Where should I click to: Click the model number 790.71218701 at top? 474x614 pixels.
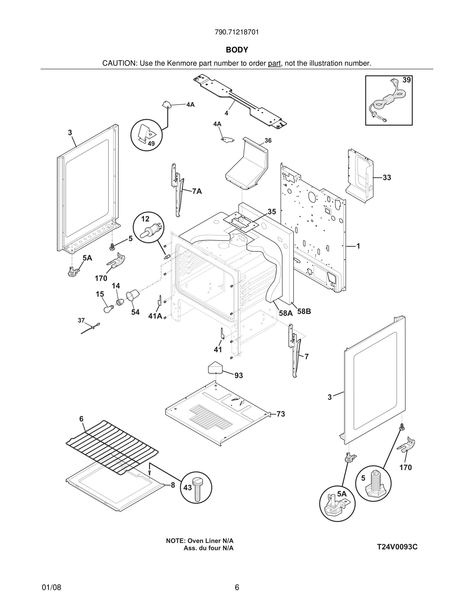point(237,32)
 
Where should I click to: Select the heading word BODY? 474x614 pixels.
point(237,50)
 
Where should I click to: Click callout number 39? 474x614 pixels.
point(406,80)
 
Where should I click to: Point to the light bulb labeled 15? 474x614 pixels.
point(108,309)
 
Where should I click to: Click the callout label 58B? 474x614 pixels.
point(304,311)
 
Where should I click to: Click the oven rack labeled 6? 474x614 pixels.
point(112,447)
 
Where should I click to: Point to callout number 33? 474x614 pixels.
point(387,178)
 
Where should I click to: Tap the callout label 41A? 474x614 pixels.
point(155,316)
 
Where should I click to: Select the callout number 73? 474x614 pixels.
point(281,414)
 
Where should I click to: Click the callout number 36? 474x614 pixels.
point(268,141)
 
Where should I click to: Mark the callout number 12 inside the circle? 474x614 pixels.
point(145,219)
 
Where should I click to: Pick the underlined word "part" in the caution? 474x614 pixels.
point(274,64)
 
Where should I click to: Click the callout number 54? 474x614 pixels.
point(135,312)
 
